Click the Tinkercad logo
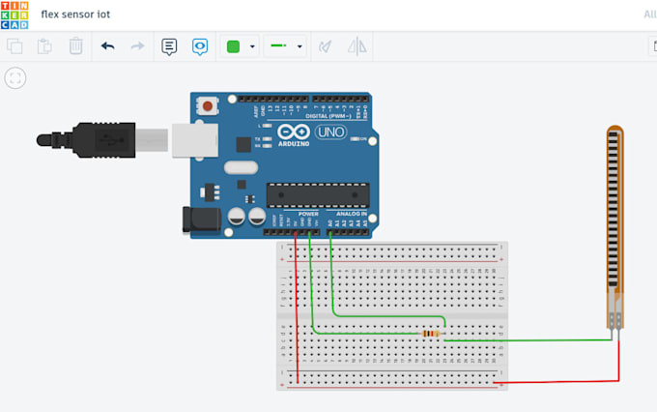point(14,14)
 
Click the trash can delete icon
point(75,45)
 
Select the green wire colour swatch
point(232,45)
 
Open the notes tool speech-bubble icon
point(169,45)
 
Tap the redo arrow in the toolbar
point(137,45)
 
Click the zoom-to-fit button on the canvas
point(14,78)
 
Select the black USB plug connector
point(97,141)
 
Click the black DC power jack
point(197,222)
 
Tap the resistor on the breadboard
point(430,334)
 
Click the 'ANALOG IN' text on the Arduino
point(351,213)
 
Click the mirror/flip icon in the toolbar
point(357,45)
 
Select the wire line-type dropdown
point(286,45)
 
